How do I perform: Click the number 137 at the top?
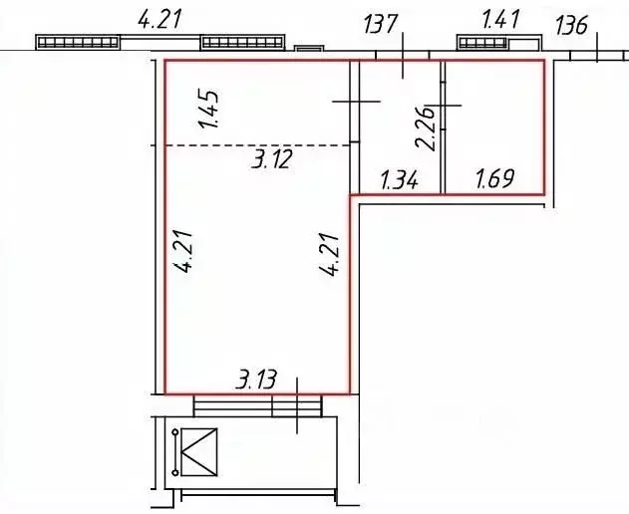(x=380, y=24)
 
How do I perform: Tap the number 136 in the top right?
(x=571, y=25)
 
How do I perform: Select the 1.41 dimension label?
(x=500, y=20)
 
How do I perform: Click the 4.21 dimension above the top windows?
(x=159, y=20)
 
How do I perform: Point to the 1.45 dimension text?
(x=208, y=109)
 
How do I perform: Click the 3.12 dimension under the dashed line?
(x=271, y=159)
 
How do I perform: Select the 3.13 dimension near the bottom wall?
(x=256, y=380)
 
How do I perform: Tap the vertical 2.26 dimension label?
(x=426, y=128)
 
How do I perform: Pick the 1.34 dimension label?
(x=400, y=180)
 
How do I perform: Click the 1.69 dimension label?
(x=494, y=178)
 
